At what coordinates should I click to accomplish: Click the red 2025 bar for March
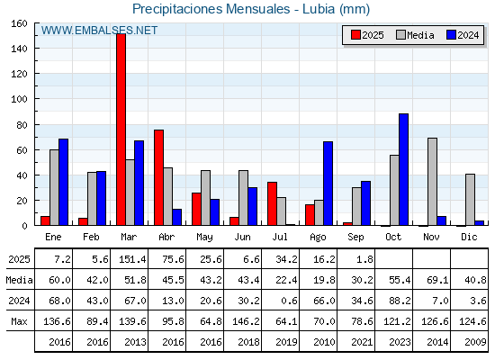pos(121,130)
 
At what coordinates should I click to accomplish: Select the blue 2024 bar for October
pos(404,169)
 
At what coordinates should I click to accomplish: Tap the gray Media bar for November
pos(432,182)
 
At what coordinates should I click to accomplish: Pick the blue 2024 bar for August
pos(328,184)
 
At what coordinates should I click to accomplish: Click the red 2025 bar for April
pos(158,177)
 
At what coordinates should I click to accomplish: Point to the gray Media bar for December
pos(470,200)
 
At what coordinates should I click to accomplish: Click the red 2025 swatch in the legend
pos(355,35)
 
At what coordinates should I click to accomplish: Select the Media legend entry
pos(415,35)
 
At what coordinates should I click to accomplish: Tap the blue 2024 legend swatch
pos(451,35)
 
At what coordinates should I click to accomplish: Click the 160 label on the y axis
pos(20,23)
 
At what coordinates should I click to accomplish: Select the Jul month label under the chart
pos(280,238)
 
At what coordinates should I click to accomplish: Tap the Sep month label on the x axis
pos(355,238)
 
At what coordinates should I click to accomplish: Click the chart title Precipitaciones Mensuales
pos(211,9)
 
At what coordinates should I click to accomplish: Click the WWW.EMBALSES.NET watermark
pos(99,31)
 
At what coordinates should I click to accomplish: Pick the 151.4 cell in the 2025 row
pos(132,259)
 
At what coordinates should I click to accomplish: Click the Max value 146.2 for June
pos(246,321)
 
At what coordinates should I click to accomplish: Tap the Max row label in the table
pos(19,321)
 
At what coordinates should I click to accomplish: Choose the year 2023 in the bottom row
pos(400,342)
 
